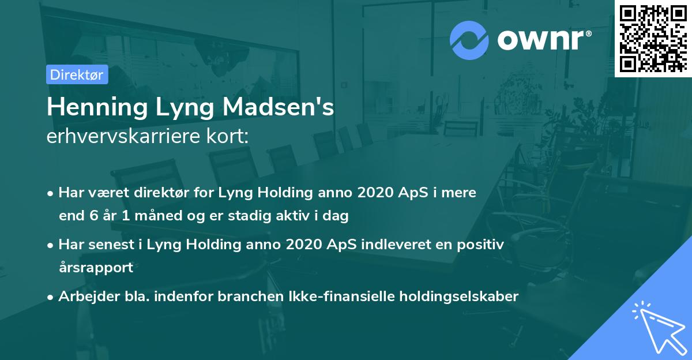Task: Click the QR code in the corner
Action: (x=653, y=38)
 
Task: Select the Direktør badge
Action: (x=77, y=74)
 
